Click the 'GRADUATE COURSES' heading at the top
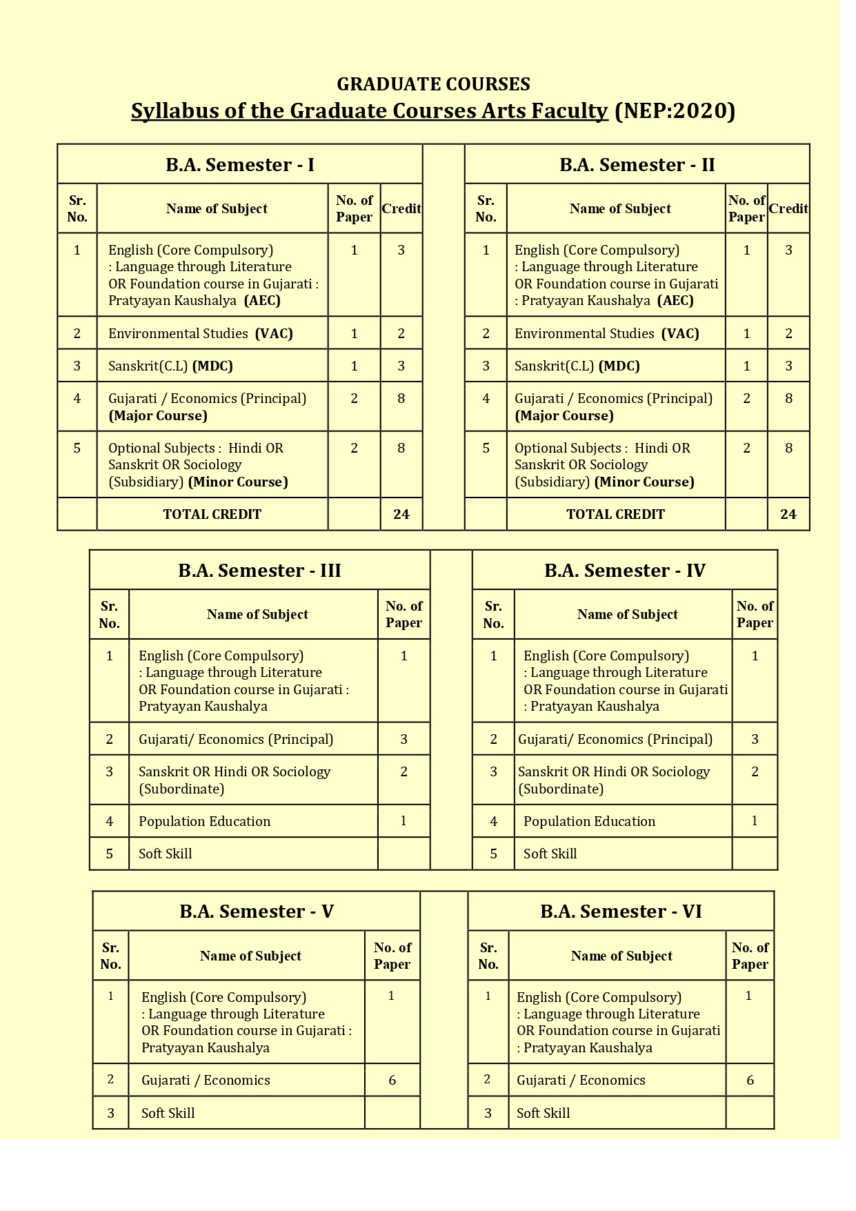433,84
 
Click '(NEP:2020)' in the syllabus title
674,111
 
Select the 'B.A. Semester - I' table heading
239,165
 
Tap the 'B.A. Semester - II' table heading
637,165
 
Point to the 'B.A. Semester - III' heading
259,571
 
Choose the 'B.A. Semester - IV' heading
624,571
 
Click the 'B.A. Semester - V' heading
257,912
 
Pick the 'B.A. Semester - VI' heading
621,912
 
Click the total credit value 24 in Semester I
401,514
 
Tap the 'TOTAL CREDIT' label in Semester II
615,514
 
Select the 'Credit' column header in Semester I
401,208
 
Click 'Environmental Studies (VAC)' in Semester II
606,334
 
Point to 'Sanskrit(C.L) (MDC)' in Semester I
170,366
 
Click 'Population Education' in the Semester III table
204,821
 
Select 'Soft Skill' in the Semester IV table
550,854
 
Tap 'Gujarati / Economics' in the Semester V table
206,1080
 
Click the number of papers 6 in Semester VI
750,1080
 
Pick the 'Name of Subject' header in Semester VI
621,956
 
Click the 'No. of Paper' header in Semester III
404,614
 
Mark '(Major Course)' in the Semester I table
158,415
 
